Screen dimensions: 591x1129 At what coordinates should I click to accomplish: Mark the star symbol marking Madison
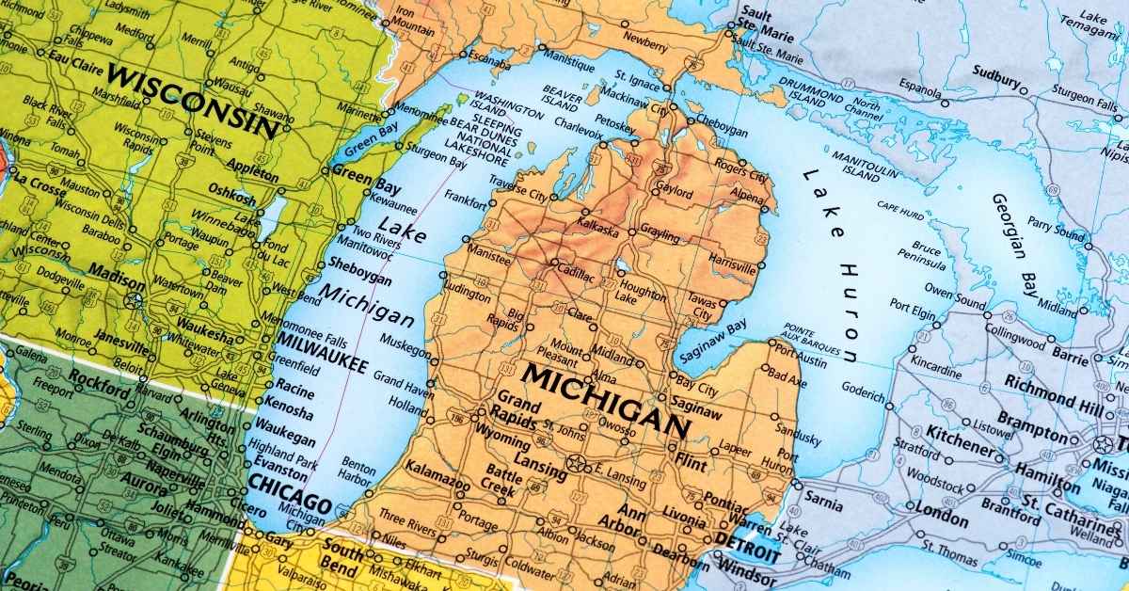pos(133,300)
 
